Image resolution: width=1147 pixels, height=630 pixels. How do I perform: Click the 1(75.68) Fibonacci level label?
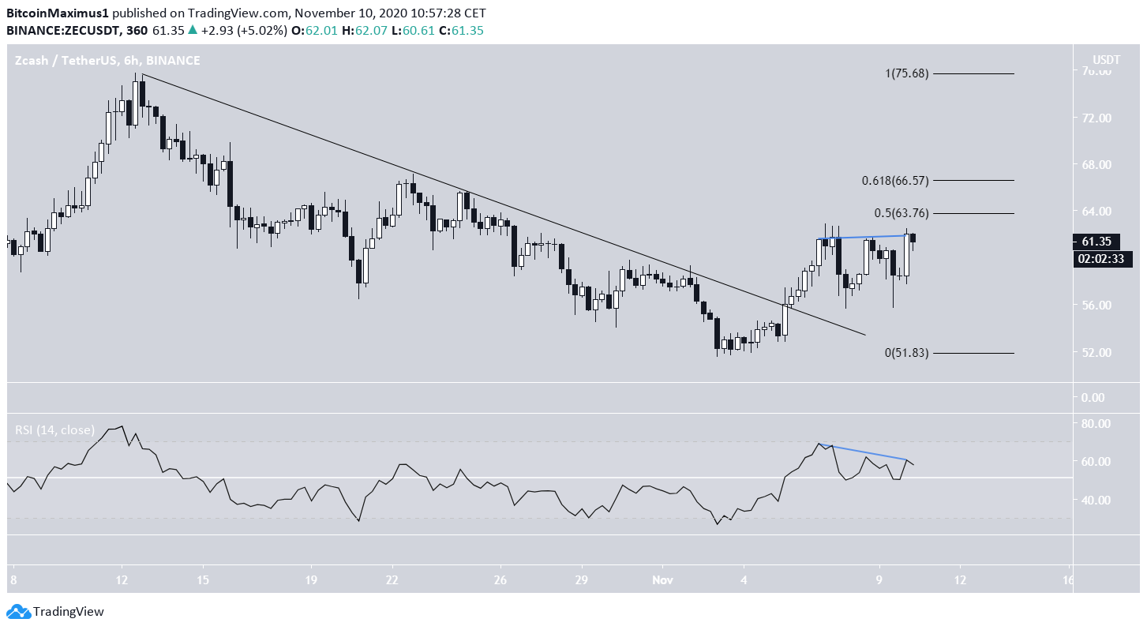906,73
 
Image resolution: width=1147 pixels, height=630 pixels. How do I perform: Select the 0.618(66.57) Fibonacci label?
894,180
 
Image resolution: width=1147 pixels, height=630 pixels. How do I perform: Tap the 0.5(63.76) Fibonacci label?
901,213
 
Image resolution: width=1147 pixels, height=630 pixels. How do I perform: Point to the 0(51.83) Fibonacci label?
906,353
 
